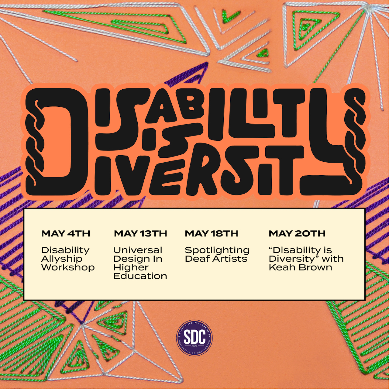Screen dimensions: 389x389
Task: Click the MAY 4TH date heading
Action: pyautogui.click(x=66, y=234)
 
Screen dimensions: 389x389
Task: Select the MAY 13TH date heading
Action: pyautogui.click(x=140, y=234)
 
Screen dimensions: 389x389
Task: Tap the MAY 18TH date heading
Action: pyautogui.click(x=212, y=234)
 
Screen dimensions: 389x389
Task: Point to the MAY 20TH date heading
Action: pyautogui.click(x=297, y=234)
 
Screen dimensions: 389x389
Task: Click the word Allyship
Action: pyautogui.click(x=62, y=259)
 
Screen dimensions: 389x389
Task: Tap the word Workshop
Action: pyautogui.click(x=68, y=267)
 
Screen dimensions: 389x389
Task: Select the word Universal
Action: pyautogui.click(x=138, y=250)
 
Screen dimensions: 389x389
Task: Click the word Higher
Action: pyautogui.click(x=131, y=267)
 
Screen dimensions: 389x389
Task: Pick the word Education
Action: pyautogui.click(x=140, y=276)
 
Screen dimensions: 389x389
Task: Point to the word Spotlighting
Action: pyautogui.click(x=217, y=250)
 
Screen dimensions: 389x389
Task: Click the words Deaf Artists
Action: pyautogui.click(x=216, y=259)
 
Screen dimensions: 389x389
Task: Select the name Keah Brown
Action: pyautogui.click(x=300, y=267)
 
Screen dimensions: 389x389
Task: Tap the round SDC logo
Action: pyautogui.click(x=194, y=338)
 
